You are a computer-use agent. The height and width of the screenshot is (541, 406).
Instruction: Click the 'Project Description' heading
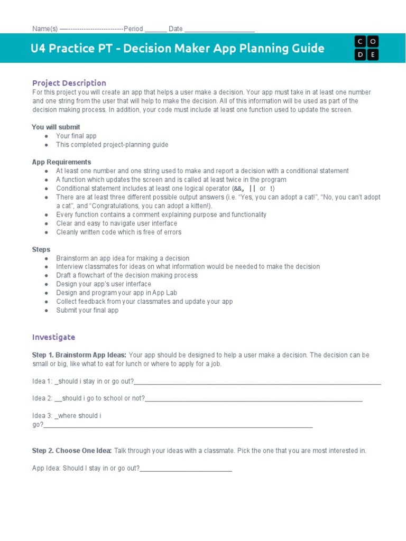69,83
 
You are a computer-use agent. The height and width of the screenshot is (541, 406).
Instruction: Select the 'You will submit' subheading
56,127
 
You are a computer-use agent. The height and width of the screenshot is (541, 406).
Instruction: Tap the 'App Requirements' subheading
61,162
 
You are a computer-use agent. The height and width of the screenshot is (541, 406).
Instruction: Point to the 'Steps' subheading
41,249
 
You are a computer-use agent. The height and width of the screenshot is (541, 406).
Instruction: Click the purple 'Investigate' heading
54,337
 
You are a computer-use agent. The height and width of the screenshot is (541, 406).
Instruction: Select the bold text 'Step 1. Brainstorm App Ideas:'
79,355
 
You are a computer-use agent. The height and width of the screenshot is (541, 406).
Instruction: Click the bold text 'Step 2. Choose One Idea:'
72,451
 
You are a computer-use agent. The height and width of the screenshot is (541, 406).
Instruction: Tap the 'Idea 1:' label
42,381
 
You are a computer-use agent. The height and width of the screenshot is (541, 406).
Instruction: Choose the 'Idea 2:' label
42,398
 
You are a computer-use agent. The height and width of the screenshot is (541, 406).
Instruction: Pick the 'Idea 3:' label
42,416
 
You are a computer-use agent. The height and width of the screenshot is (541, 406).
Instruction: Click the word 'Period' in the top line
133,29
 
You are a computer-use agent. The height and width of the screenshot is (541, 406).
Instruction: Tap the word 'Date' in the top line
176,29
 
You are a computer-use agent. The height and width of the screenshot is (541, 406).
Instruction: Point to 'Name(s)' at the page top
45,29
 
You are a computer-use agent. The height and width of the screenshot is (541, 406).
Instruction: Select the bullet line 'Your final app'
76,136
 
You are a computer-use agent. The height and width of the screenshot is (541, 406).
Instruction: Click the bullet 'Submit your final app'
87,310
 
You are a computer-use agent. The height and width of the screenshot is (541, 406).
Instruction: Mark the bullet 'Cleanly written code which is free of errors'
118,232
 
